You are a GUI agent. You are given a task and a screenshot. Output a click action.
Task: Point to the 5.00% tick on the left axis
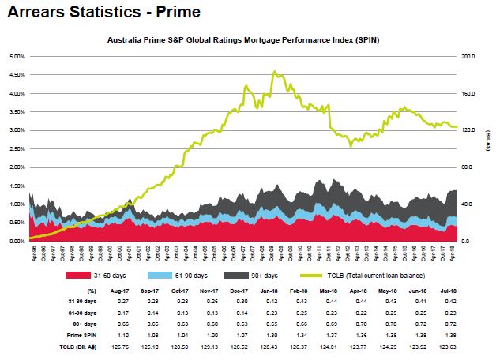coord(15,57)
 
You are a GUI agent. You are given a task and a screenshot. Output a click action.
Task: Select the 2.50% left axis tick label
coord(15,149)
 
